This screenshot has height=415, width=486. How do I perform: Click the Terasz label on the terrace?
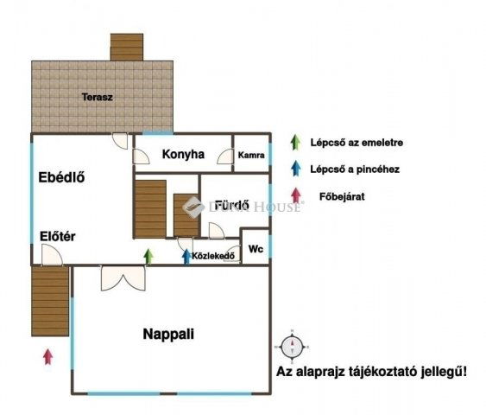tap(98, 97)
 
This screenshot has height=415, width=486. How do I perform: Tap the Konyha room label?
tap(183, 155)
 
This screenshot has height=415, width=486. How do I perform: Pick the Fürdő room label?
tap(233, 205)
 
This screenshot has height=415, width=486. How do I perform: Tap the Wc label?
tap(256, 248)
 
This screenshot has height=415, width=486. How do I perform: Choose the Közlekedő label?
tap(213, 256)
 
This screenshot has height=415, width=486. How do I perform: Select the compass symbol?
tap(293, 347)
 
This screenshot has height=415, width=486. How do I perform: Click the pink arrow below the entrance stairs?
tap(48, 354)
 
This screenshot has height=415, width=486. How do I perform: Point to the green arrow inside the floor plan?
tap(148, 255)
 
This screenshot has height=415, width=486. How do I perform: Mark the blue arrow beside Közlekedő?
tap(186, 256)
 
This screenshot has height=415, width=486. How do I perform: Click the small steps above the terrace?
tap(126, 47)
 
